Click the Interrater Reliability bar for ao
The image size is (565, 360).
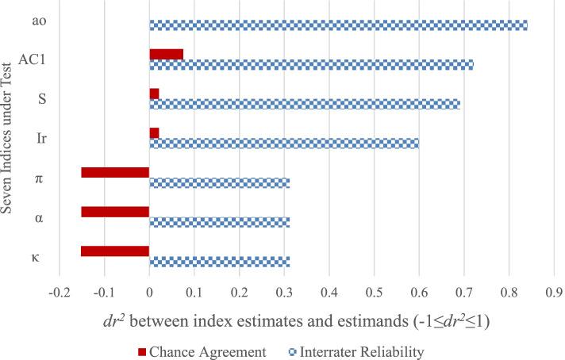pos(338,25)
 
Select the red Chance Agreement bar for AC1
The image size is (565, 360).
pos(166,54)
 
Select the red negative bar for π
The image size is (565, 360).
pos(115,172)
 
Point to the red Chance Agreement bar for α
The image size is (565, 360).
pos(115,212)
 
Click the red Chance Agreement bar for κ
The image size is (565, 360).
pos(115,251)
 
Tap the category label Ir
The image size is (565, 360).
pos(41,138)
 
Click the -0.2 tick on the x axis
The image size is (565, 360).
pos(59,292)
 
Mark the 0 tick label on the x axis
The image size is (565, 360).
pos(149,292)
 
